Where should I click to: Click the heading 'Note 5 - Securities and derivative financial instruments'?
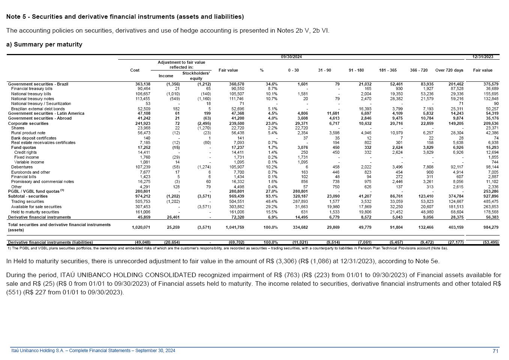(125, 17)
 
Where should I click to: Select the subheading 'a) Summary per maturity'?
(44, 45)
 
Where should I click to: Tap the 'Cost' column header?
(135, 70)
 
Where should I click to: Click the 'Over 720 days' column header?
(449, 70)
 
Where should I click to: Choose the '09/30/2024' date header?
(291, 57)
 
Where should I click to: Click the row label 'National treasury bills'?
(31, 94)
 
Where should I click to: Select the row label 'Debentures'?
(22, 167)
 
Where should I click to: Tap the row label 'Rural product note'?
(28, 133)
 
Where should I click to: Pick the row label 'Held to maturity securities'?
(35, 212)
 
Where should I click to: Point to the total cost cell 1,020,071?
(141, 227)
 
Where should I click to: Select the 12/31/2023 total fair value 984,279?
(489, 227)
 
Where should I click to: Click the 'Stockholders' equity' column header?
(196, 76)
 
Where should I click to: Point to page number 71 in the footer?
(495, 351)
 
